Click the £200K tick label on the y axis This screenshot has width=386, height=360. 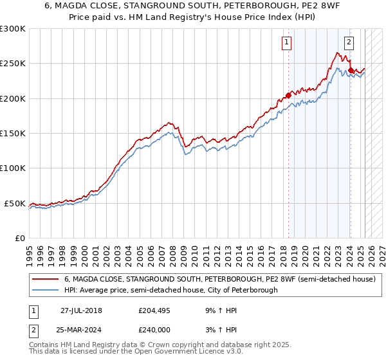click(x=13, y=99)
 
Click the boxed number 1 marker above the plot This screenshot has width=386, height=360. click(x=286, y=43)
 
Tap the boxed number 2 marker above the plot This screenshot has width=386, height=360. click(x=349, y=43)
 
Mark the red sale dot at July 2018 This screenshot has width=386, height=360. click(x=288, y=95)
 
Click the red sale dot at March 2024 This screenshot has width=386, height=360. click(x=351, y=71)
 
